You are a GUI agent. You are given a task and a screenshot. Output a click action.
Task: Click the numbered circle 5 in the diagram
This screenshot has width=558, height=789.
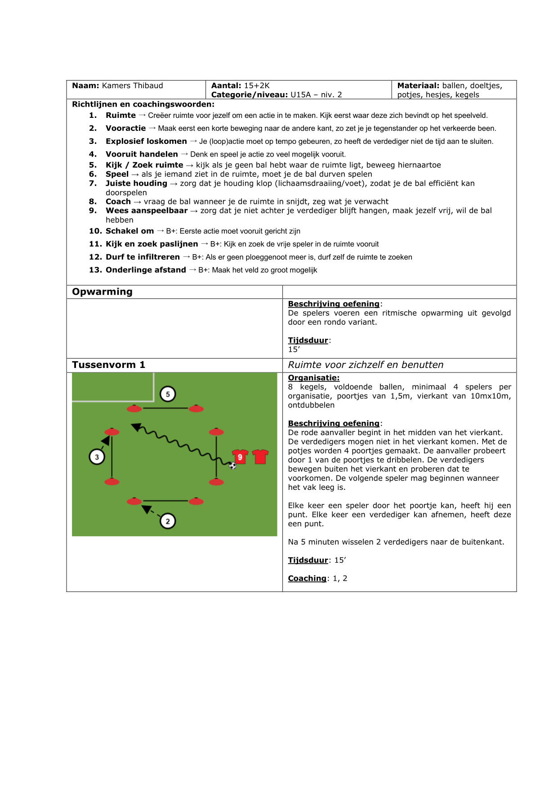pyautogui.click(x=168, y=394)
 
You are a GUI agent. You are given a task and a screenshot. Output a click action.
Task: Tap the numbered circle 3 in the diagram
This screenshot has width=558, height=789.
pyautogui.click(x=97, y=457)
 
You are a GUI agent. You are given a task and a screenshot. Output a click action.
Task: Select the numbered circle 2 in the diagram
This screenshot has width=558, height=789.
pyautogui.click(x=168, y=521)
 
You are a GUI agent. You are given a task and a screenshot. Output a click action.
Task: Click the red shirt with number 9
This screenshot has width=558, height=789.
pyautogui.click(x=240, y=457)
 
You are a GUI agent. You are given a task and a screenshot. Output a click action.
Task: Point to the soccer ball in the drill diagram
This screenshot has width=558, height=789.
pyautogui.click(x=232, y=466)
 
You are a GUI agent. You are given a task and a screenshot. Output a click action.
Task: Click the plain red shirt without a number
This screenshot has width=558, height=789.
pyautogui.click(x=260, y=457)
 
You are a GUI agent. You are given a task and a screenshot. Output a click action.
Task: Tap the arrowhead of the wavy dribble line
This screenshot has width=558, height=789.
pyautogui.click(x=135, y=426)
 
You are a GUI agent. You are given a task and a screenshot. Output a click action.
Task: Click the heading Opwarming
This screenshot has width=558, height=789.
pyautogui.click(x=102, y=291)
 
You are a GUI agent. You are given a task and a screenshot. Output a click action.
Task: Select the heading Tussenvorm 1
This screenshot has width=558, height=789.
pyautogui.click(x=108, y=365)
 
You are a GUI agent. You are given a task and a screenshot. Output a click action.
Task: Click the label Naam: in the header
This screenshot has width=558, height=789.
pyautogui.click(x=85, y=85)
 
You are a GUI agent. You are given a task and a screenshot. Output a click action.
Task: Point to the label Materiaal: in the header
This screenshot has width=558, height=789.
pyautogui.click(x=418, y=85)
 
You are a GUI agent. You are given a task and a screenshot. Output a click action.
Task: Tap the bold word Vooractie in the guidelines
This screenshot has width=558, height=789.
pyautogui.click(x=125, y=128)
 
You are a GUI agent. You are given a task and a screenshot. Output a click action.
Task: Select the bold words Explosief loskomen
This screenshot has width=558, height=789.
pyautogui.click(x=146, y=141)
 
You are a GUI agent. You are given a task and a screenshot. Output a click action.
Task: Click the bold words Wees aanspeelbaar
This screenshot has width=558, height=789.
pyautogui.click(x=147, y=211)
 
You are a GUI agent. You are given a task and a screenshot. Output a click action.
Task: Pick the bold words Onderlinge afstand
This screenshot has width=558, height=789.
pyautogui.click(x=146, y=270)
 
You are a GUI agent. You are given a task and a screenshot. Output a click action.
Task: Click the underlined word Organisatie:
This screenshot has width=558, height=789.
pyautogui.click(x=313, y=378)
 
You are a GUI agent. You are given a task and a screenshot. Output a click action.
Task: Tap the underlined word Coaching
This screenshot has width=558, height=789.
pyautogui.click(x=307, y=578)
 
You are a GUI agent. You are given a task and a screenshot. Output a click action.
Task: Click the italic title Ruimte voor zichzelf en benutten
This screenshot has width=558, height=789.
pyautogui.click(x=366, y=365)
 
